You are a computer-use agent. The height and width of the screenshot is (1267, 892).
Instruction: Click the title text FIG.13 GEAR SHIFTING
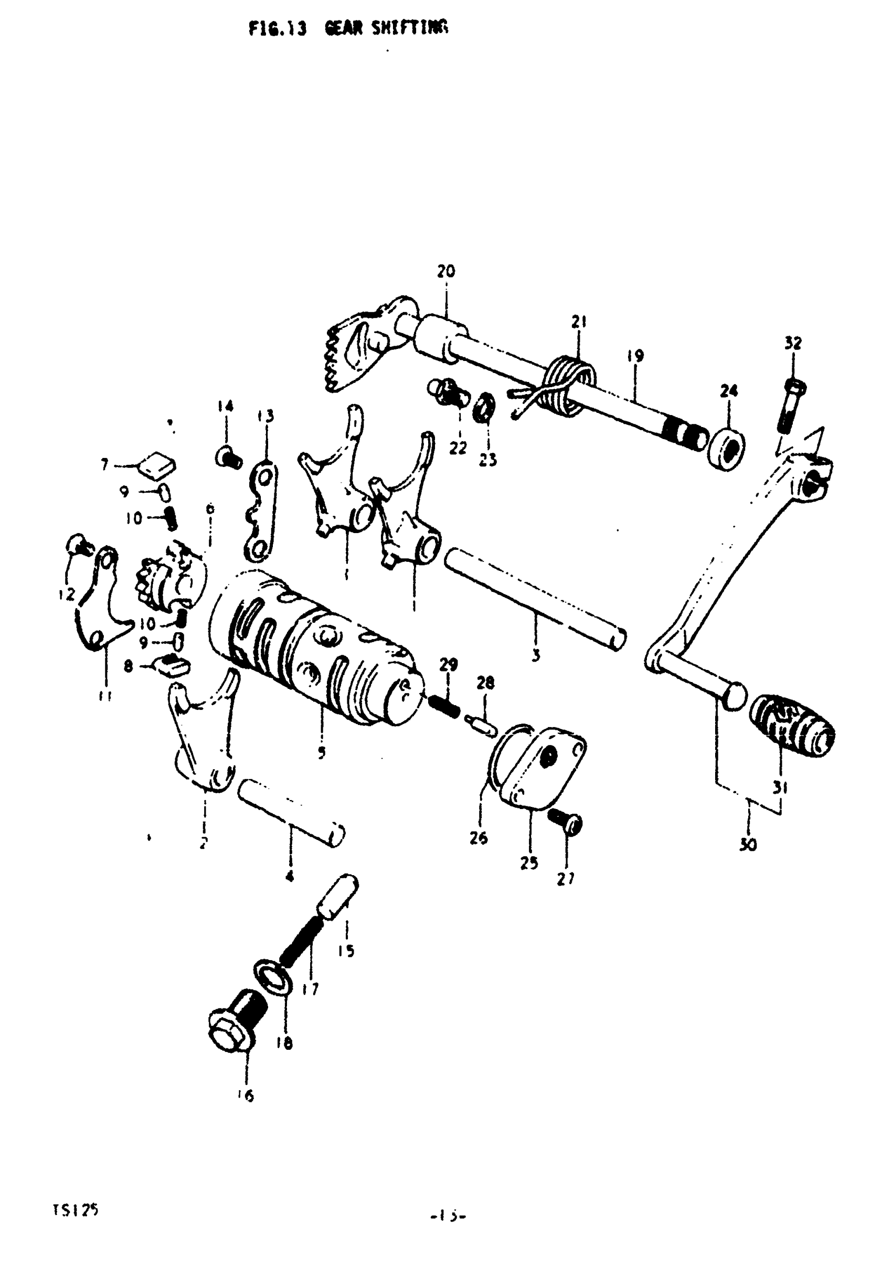coord(348,28)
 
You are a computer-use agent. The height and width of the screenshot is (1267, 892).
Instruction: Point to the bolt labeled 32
coord(790,406)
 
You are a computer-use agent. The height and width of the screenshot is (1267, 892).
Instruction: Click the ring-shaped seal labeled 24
coord(726,448)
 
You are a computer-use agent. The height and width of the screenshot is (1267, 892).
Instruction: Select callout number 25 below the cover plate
coord(528,863)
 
